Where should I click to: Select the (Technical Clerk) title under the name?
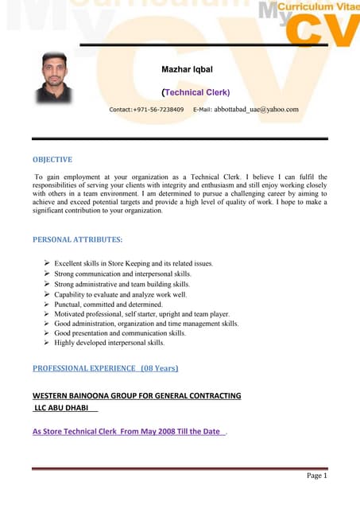coord(195,92)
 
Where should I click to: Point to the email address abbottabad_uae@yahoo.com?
coord(256,109)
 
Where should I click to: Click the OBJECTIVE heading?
coord(52,159)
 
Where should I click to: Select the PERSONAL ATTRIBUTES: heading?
coord(77,239)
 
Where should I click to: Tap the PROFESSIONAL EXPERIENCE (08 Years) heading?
coord(105,368)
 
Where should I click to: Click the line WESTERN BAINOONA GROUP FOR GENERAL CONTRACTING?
coord(137,395)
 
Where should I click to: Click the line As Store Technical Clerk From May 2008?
coord(127,432)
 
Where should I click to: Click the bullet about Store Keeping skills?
coord(134,263)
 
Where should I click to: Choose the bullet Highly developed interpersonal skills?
coord(110,344)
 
